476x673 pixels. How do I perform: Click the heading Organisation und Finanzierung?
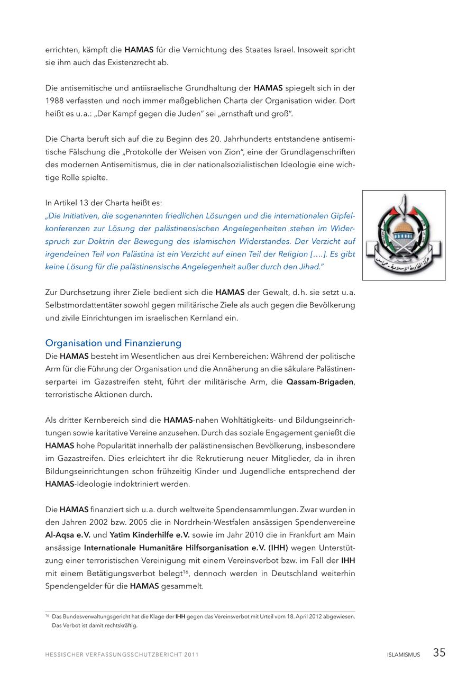tap(113, 343)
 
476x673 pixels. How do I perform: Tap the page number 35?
tap(439, 653)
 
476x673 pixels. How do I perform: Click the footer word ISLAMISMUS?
tap(403, 654)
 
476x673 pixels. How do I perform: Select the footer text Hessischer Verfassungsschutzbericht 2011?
tap(122, 654)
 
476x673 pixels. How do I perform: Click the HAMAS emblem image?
tap(404, 235)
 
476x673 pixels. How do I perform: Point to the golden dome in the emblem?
tap(404, 228)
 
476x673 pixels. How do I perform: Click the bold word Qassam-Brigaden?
tap(320, 382)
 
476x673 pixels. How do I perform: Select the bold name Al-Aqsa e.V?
tap(68, 535)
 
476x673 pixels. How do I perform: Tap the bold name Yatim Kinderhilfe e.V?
tap(150, 535)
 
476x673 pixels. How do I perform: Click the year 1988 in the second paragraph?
tap(54, 101)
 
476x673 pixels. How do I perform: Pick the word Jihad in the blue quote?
tap(310, 267)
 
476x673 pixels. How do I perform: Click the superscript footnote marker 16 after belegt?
tap(186, 571)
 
